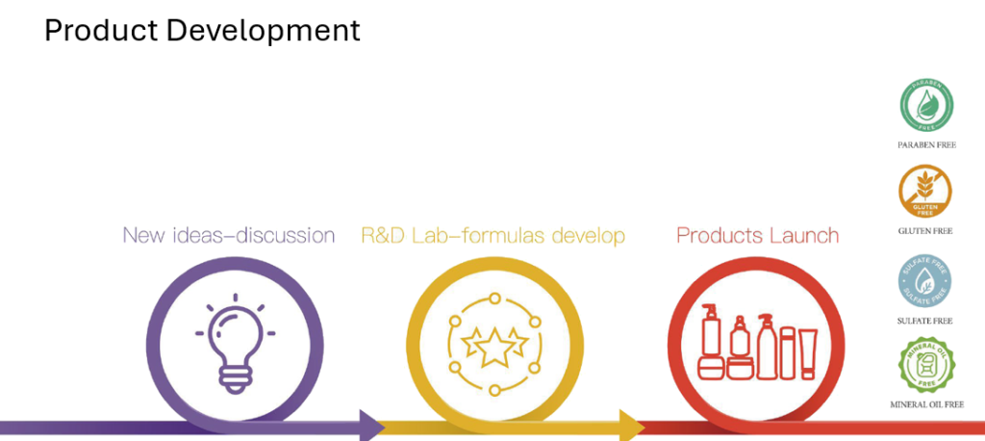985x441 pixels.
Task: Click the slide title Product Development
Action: (x=202, y=31)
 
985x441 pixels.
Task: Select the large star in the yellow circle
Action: (x=494, y=347)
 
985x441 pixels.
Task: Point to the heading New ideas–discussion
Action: (x=229, y=235)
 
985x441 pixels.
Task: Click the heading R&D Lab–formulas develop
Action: (x=493, y=235)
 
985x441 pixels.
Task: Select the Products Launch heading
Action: (x=758, y=235)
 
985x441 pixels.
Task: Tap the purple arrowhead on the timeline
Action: (x=372, y=426)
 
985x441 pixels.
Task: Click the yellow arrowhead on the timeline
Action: (x=632, y=426)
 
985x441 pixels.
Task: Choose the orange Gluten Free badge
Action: (x=925, y=192)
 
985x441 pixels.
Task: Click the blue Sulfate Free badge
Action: (x=924, y=280)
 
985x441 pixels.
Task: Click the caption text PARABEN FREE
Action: (x=926, y=145)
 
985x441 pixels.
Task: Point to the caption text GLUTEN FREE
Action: (x=925, y=231)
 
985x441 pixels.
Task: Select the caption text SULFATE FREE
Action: (x=924, y=321)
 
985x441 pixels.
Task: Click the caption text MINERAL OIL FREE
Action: (x=926, y=404)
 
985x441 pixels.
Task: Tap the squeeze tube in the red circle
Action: (x=808, y=353)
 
